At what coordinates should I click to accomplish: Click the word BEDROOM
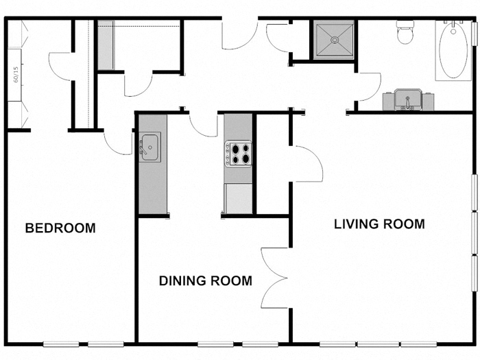60,228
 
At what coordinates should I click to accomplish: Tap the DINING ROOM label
205,280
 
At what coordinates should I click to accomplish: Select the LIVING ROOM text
379,224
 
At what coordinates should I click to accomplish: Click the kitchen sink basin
150,147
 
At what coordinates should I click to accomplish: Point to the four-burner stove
239,153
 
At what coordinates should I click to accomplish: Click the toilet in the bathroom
406,32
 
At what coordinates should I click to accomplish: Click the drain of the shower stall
335,39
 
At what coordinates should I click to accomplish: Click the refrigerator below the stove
239,198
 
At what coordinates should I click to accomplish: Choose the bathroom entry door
369,86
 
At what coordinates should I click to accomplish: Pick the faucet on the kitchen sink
145,147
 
